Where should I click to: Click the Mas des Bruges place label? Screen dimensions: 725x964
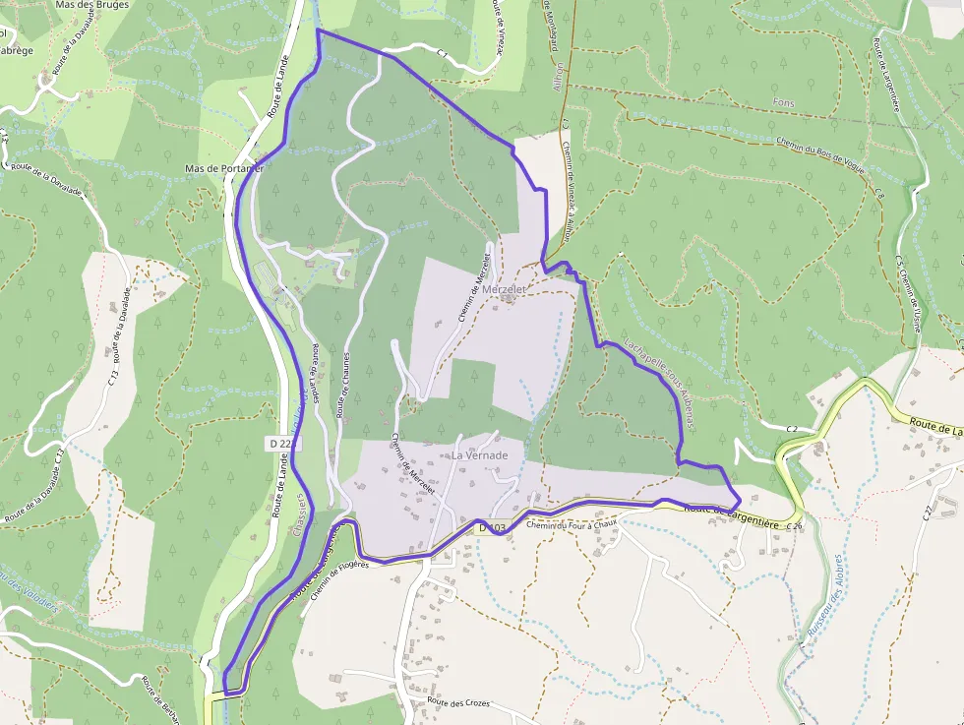point(92,5)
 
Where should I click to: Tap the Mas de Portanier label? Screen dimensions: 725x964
point(224,168)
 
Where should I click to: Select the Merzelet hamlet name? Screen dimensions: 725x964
point(506,290)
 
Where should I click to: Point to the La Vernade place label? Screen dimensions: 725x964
point(480,455)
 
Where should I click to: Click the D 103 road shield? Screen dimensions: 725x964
point(492,528)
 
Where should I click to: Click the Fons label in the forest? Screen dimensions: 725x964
point(784,103)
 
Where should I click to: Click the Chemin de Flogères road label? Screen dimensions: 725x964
point(338,580)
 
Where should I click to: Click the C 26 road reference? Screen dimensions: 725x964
point(795,525)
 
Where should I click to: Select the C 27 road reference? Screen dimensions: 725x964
point(928,512)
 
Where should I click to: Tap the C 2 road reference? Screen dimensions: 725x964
point(792,429)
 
